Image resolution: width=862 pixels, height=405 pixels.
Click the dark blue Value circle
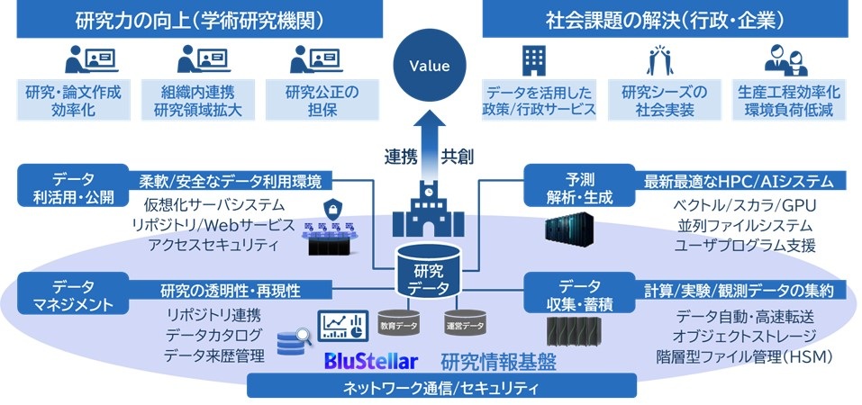tap(429, 66)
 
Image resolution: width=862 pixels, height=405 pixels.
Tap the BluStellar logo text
tap(372, 362)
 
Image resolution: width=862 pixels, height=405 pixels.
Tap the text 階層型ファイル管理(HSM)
tap(744, 356)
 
